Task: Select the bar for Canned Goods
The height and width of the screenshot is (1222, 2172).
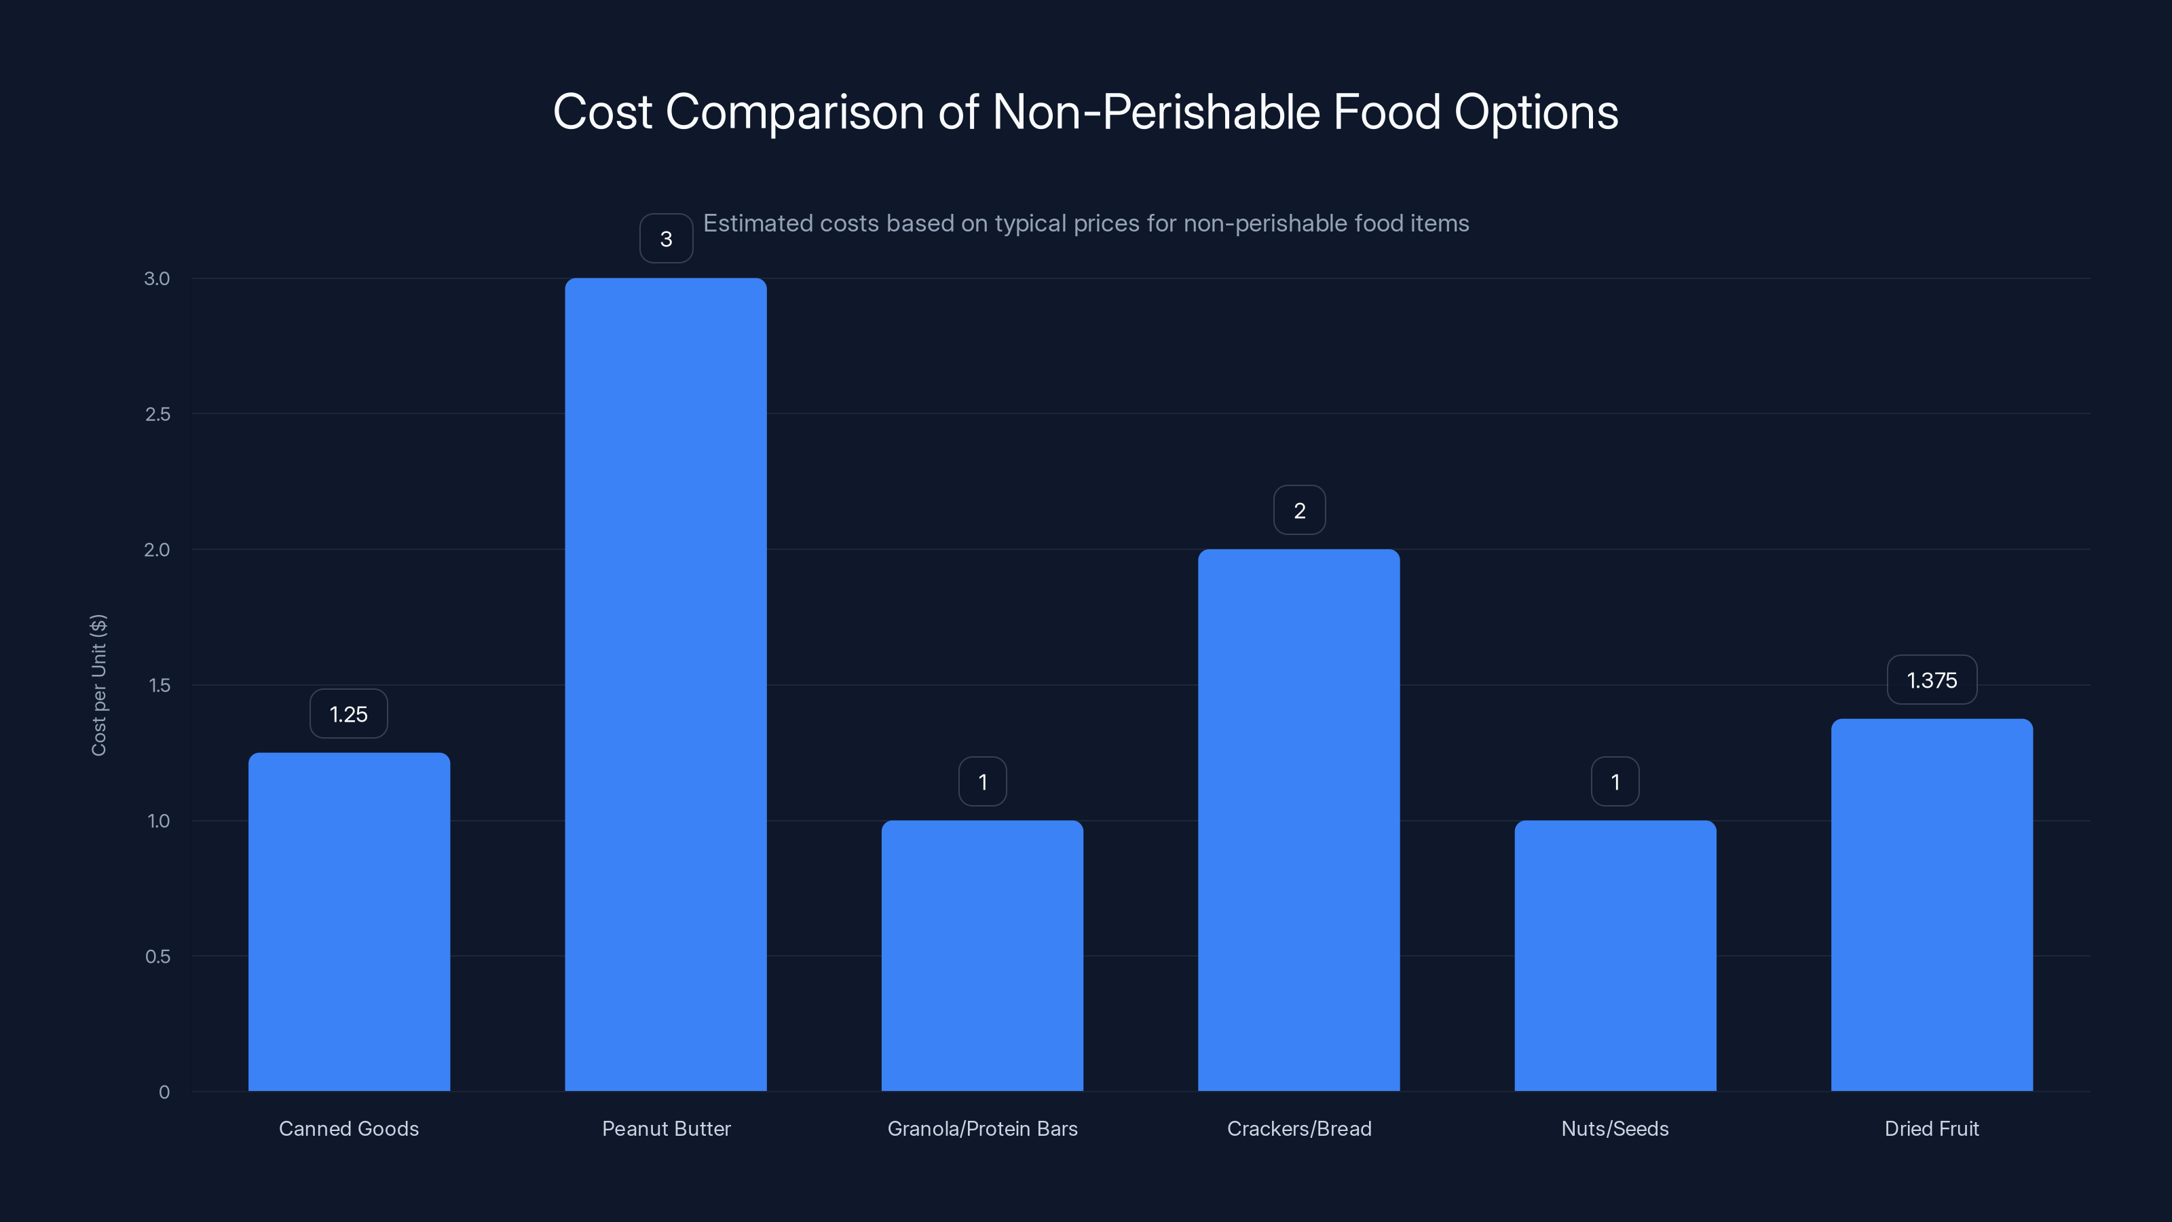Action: pos(349,922)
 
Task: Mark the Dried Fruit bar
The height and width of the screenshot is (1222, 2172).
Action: pos(1932,905)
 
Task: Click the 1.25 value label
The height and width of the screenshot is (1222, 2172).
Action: pos(348,714)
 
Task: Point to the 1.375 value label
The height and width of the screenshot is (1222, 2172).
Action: pos(1932,680)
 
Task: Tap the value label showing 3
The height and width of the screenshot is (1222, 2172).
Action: pos(666,240)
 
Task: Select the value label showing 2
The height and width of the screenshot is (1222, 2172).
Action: pos(1299,511)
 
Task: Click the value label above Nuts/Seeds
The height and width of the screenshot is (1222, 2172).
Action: pos(1615,783)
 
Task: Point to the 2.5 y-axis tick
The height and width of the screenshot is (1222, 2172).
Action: pos(157,414)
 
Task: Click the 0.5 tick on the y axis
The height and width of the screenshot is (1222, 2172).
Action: pos(157,957)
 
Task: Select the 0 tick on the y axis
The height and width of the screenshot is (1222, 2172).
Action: pos(164,1092)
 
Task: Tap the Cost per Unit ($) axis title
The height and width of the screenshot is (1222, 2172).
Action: pos(98,685)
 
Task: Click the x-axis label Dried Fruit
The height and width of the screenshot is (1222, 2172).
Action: pos(1932,1128)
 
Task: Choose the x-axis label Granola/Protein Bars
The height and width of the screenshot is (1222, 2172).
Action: pos(982,1128)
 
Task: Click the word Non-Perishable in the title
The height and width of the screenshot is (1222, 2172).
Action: pos(1155,112)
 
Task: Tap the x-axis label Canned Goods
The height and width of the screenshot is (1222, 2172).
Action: pos(349,1128)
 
